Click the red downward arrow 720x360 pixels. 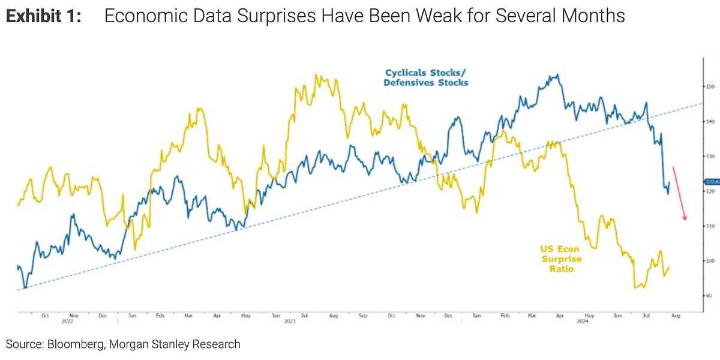(x=679, y=193)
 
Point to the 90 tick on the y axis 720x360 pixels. (x=709, y=296)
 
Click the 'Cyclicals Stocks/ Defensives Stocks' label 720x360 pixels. (x=425, y=77)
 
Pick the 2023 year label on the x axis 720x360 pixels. (x=289, y=322)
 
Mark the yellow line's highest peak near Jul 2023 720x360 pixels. (x=316, y=76)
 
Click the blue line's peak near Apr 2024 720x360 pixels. (x=557, y=75)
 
